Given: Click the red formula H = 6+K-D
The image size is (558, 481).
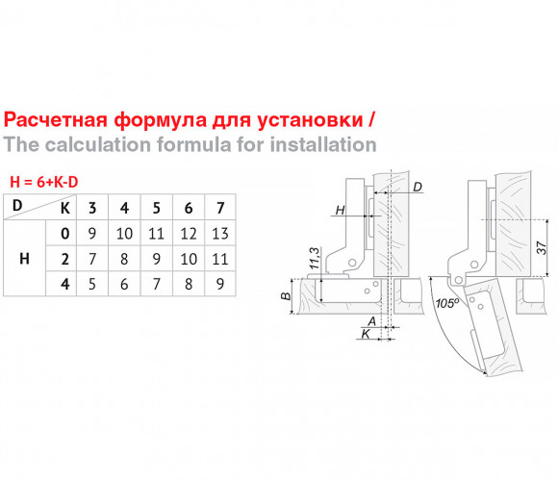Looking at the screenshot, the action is pos(43,182).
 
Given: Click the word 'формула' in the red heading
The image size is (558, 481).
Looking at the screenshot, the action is pos(160,121).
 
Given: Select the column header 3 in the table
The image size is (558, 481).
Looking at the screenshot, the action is pos(92,208).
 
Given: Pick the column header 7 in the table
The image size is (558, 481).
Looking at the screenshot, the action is pos(220,208).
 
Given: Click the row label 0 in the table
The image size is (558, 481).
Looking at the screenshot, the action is pos(64,234).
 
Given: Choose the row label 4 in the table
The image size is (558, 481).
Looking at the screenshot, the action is pos(64,284).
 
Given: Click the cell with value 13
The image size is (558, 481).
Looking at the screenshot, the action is pos(220,234).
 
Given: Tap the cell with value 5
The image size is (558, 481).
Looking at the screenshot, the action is pos(92,284).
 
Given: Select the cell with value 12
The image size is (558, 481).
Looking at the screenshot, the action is pos(189,234).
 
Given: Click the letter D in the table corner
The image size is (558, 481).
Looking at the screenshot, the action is pos(17,205).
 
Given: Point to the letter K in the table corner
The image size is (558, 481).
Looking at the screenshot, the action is pos(65,209).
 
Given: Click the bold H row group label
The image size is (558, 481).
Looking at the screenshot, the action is pos(24,259).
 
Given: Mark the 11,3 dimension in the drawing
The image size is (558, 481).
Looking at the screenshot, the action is pos(315,258).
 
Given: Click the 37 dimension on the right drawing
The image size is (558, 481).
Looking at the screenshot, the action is pos(541,247).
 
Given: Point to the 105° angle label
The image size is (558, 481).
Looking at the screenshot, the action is pos(447,303).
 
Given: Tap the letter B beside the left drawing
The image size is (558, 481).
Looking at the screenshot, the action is pos(286,296).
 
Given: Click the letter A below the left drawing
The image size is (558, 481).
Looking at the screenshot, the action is pos(372,321).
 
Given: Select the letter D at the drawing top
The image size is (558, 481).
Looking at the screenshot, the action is pos(418,187).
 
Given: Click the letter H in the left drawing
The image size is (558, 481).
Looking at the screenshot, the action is pos(341,211).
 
